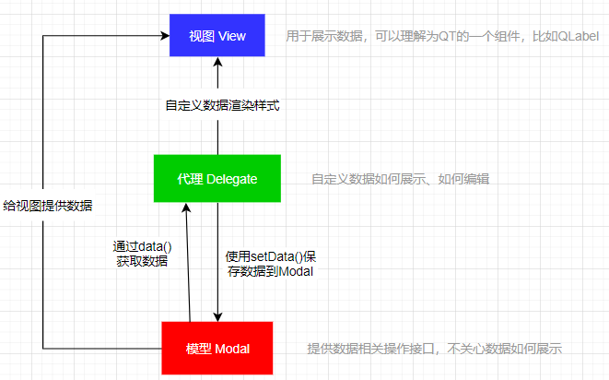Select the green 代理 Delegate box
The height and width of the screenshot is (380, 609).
217,178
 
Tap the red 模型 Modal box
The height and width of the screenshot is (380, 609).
217,348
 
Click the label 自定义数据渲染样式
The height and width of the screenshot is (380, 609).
217,105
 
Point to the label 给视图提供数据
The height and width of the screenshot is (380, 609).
47,205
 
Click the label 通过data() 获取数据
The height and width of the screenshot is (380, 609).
141,254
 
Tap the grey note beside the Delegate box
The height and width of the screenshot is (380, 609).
400,179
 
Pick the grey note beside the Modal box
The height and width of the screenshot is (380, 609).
434,349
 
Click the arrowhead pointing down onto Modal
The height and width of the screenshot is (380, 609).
217,315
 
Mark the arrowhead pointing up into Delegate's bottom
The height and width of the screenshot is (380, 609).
185,208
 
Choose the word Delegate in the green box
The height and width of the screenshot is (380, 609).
232,178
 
